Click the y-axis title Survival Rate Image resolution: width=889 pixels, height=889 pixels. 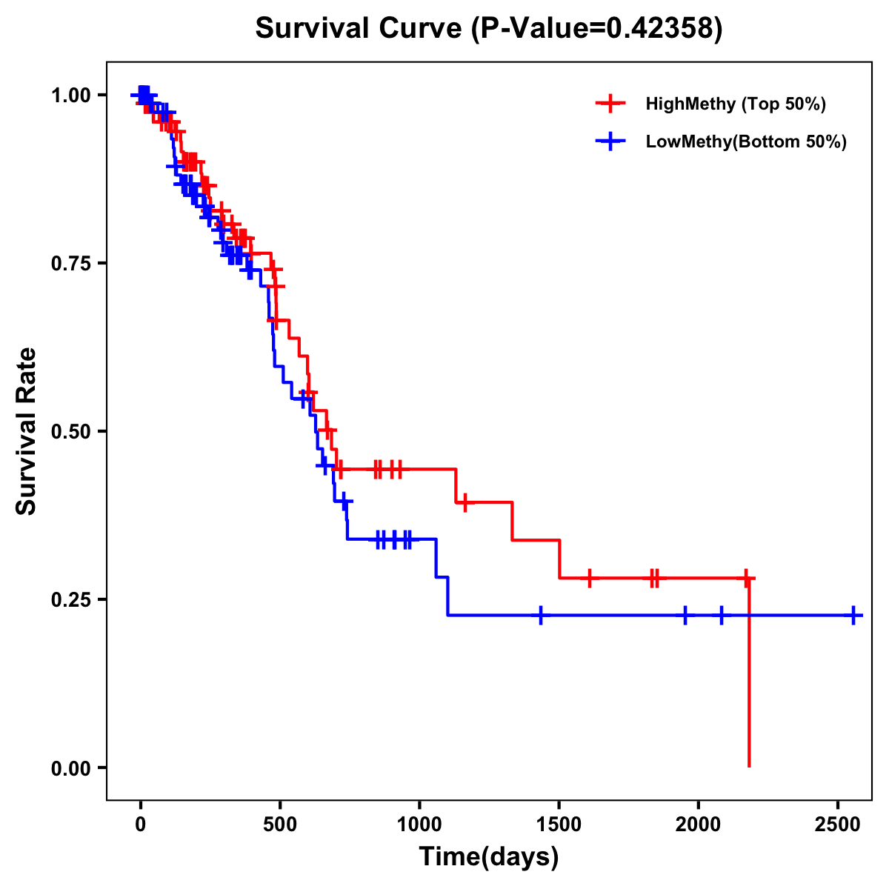[x=27, y=431]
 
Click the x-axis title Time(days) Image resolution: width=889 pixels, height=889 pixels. [x=489, y=856]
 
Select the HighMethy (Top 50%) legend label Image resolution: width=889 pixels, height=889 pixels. [x=735, y=104]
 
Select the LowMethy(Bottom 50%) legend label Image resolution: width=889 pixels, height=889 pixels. [x=746, y=141]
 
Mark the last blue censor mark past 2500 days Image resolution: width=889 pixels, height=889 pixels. [x=853, y=615]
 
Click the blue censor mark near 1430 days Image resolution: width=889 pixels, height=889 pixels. [x=541, y=615]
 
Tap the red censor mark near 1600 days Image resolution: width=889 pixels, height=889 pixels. [x=590, y=578]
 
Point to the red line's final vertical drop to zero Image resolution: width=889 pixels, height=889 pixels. [x=749, y=674]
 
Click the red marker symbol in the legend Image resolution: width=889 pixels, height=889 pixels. [x=610, y=104]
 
